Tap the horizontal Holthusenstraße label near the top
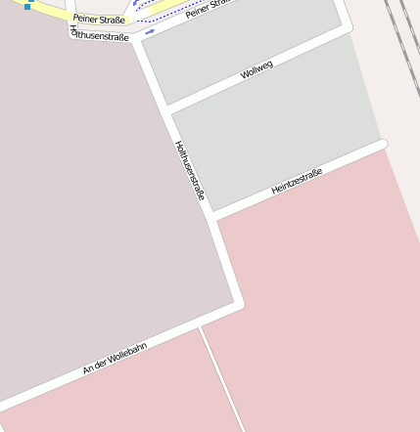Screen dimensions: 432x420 [x=100, y=34]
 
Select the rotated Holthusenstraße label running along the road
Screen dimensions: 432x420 [x=189, y=171]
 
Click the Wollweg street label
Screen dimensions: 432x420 [x=256, y=69]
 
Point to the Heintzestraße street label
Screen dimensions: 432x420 [x=297, y=180]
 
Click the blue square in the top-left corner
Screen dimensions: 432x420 [x=27, y=7]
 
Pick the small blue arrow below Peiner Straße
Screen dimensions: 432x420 [x=149, y=32]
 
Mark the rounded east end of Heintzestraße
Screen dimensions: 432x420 [x=382, y=145]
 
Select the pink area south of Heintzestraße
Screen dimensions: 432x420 [x=323, y=293]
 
